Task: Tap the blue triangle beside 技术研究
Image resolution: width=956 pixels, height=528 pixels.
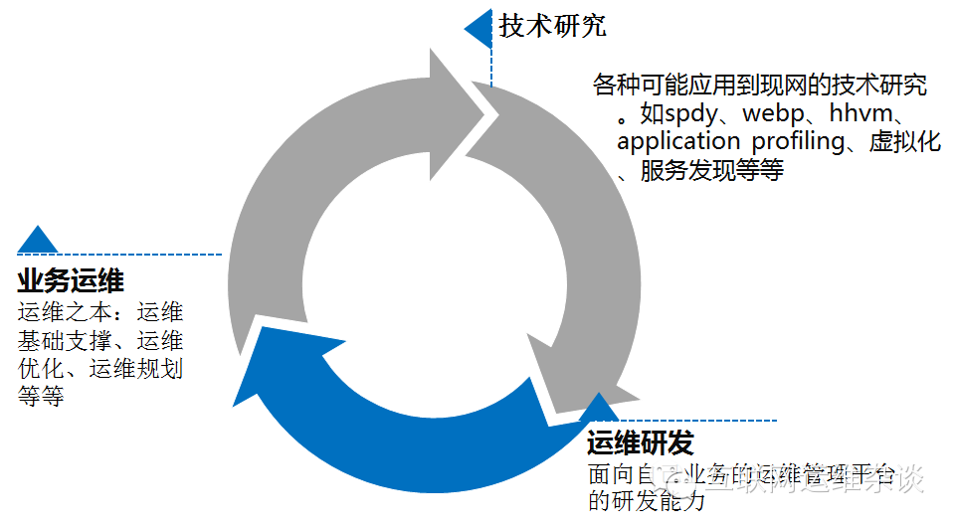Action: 479,28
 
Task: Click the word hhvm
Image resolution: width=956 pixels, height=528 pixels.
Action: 871,113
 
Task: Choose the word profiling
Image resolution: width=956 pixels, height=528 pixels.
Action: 798,141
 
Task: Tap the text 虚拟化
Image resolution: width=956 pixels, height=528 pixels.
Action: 904,141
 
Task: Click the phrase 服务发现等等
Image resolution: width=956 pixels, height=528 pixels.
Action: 711,170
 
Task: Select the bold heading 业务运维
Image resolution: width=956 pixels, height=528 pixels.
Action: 71,280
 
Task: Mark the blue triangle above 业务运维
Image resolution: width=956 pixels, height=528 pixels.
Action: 38,240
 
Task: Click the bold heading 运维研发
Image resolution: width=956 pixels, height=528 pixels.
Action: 640,443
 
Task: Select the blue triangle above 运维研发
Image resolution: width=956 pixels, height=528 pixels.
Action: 601,409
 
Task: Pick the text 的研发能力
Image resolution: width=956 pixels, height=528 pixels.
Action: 647,500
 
